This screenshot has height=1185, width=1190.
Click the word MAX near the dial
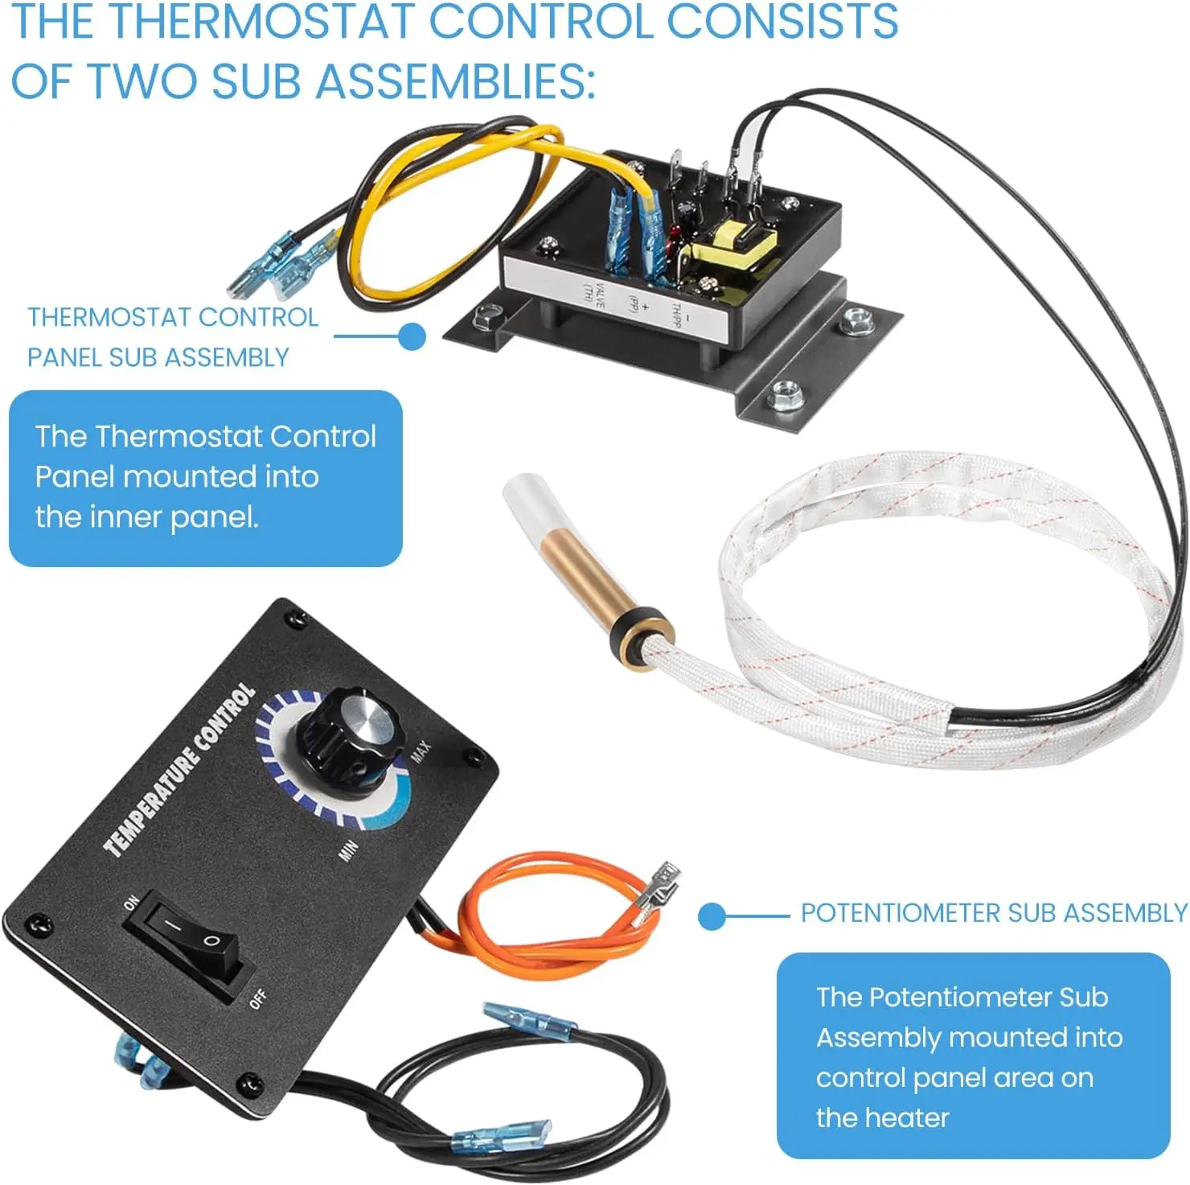(421, 751)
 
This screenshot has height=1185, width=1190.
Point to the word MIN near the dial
(347, 850)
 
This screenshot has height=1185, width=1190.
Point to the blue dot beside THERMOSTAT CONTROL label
(412, 336)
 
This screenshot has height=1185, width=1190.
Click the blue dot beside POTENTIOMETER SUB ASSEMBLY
(712, 915)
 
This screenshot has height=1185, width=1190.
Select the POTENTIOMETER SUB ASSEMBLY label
(994, 914)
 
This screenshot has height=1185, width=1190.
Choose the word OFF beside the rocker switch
(257, 998)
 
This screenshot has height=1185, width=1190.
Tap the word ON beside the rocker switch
(131, 903)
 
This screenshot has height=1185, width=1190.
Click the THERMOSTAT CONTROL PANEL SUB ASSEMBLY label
(172, 337)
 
